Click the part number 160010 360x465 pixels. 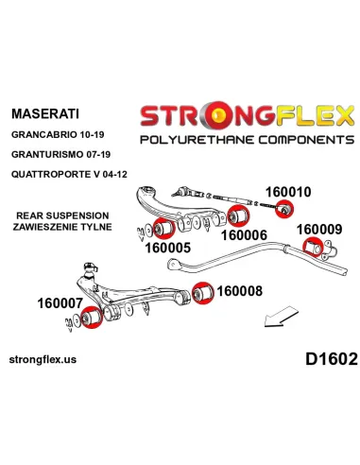(x=288, y=192)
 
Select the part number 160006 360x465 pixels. (x=244, y=235)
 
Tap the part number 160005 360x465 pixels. (x=168, y=248)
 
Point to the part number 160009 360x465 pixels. (x=319, y=230)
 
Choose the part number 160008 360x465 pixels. (x=239, y=291)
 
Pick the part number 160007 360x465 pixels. (x=60, y=303)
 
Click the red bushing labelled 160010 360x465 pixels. (x=284, y=210)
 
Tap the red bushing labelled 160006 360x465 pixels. (x=238, y=215)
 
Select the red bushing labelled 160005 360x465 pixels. (x=163, y=229)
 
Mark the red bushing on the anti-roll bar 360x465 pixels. (x=313, y=248)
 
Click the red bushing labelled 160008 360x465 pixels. (x=202, y=293)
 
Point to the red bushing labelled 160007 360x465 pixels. (x=92, y=318)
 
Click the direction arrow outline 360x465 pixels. (x=281, y=317)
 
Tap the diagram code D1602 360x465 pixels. (x=332, y=359)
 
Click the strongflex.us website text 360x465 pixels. (x=43, y=360)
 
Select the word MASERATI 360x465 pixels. (x=45, y=113)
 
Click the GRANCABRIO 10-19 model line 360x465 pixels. (x=58, y=135)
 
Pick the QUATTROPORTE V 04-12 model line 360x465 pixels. (x=69, y=174)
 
